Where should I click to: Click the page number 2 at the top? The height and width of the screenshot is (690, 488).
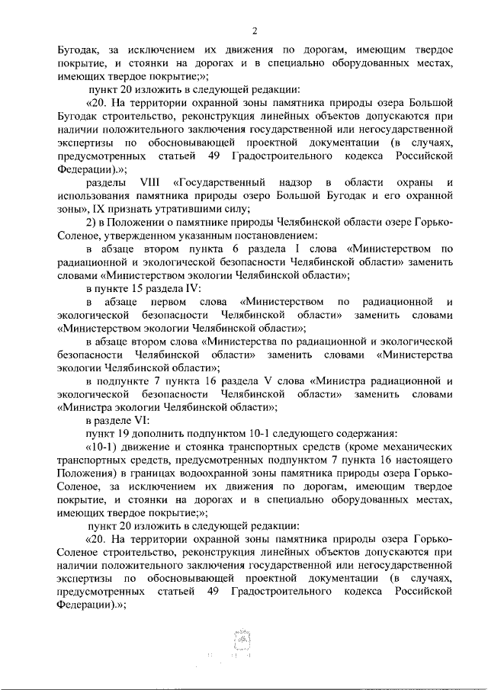pyautogui.click(x=255, y=31)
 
